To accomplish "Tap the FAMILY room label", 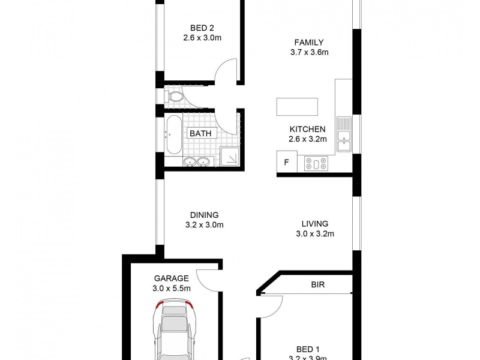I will click(309, 42).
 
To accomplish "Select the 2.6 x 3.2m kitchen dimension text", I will click(308, 139).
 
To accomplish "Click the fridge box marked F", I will click(286, 162).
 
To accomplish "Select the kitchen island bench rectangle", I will click(297, 107).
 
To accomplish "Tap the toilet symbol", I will click(175, 96).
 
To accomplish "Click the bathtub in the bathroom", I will click(172, 134).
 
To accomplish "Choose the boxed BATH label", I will click(200, 134).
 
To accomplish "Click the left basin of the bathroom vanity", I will click(190, 161).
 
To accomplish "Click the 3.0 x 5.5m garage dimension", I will click(172, 288).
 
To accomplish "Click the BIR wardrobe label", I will click(317, 285).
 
